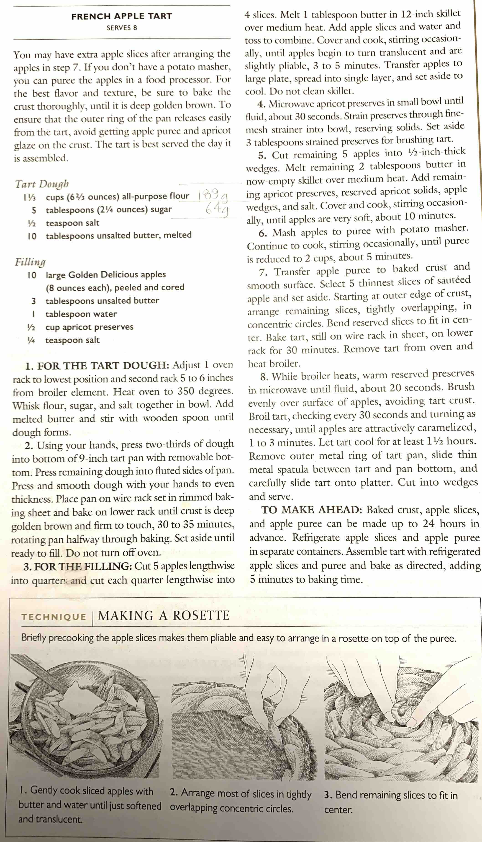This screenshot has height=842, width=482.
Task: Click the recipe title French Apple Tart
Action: pyautogui.click(x=121, y=16)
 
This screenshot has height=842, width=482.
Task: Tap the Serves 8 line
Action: pyautogui.click(x=121, y=28)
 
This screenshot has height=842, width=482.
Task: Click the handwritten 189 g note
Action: pyautogui.click(x=213, y=196)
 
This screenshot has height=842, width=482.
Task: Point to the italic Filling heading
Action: pyautogui.click(x=30, y=262)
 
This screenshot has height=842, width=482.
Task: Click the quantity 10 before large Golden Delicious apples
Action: pyautogui.click(x=32, y=275)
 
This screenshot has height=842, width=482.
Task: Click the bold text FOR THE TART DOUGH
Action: pyautogui.click(x=103, y=366)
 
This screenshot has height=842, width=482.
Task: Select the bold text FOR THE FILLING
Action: pyautogui.click(x=83, y=567)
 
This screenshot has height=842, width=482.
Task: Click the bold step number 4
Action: pyautogui.click(x=261, y=104)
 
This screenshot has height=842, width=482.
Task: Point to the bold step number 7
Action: pyautogui.click(x=263, y=273)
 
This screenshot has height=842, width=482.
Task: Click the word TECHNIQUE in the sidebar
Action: pyautogui.click(x=54, y=617)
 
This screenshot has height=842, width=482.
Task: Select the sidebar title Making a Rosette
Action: pyautogui.click(x=163, y=615)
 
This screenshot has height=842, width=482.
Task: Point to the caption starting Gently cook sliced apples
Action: pyautogui.click(x=89, y=805)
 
